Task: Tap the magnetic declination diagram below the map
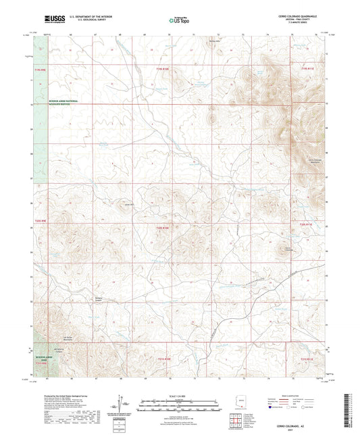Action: [x=124, y=403]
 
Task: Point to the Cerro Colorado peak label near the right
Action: [x=290, y=249]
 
